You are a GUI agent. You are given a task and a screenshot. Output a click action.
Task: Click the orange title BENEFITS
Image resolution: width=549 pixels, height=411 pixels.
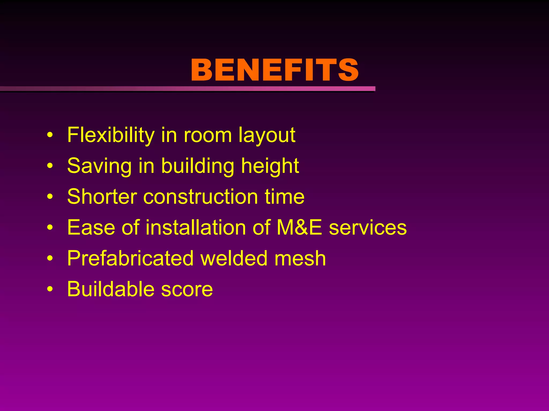pyautogui.click(x=274, y=70)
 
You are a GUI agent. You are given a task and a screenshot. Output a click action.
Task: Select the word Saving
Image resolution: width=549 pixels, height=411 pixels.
pyautogui.click(x=99, y=166)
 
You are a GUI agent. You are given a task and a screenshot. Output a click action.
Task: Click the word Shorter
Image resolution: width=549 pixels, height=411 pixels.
pyautogui.click(x=102, y=197)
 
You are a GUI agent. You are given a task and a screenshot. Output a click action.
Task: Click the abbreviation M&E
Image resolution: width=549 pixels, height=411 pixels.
pyautogui.click(x=299, y=227)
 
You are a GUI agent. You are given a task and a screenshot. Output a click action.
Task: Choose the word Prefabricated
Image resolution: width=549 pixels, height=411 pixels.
pyautogui.click(x=130, y=258)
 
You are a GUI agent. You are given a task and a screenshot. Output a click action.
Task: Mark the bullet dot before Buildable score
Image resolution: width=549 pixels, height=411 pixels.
pyautogui.click(x=50, y=289)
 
